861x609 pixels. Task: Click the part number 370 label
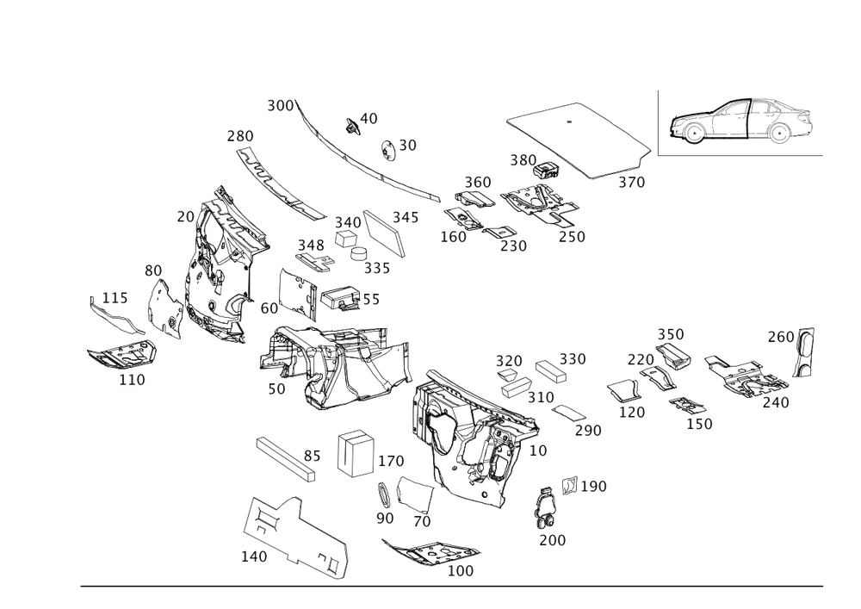point(631,183)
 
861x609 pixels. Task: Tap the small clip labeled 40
point(351,126)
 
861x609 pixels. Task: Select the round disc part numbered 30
point(388,151)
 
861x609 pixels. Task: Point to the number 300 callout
point(280,105)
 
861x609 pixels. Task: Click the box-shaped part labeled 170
point(356,454)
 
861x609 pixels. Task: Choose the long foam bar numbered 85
point(287,458)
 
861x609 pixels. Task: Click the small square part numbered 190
point(569,485)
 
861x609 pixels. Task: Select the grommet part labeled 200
point(545,507)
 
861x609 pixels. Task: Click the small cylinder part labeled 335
point(360,253)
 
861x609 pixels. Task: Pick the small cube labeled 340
point(346,239)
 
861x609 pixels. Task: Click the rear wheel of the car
point(779,134)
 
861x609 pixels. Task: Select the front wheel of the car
point(693,134)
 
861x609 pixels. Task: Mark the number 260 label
point(781,337)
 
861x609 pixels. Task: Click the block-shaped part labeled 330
point(551,371)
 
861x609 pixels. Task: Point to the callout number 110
point(132,380)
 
